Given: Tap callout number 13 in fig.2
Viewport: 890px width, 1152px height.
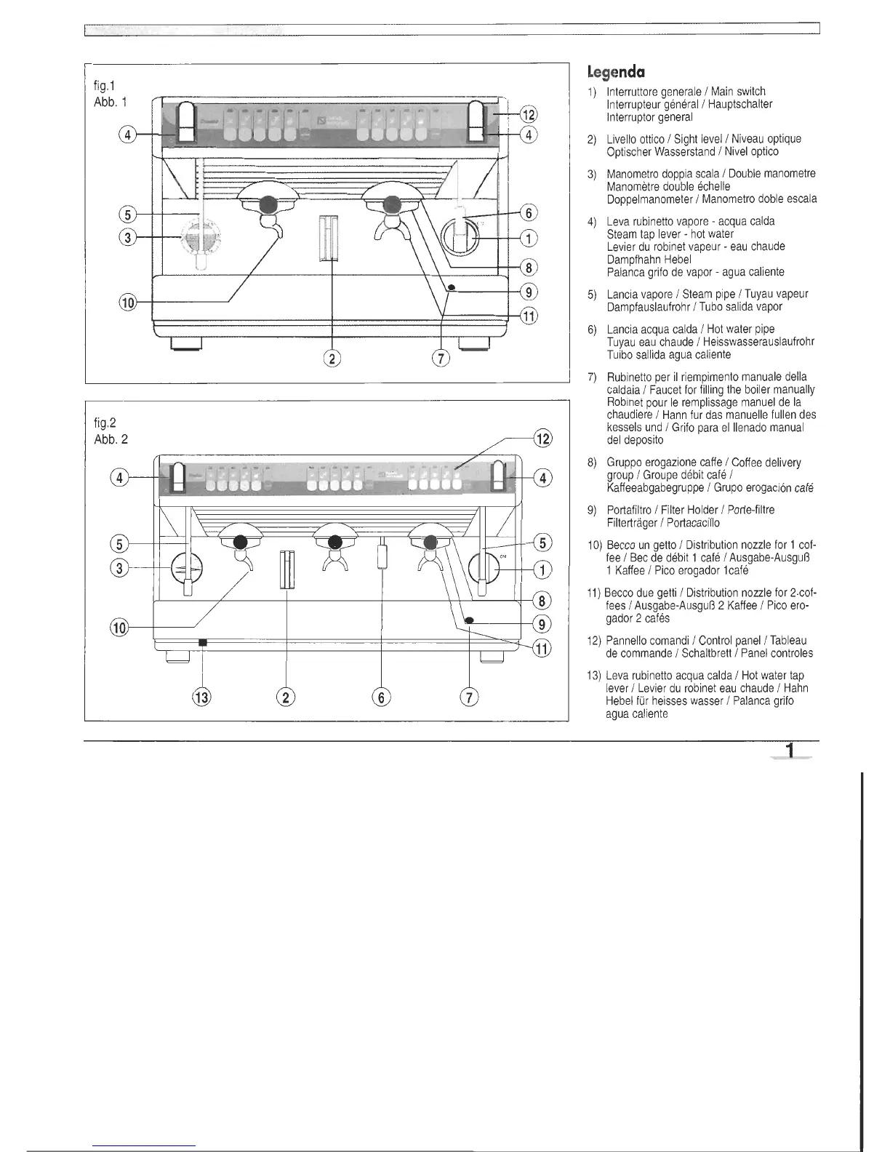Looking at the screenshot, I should tap(201, 697).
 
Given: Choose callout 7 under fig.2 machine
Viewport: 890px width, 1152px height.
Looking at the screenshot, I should tap(470, 697).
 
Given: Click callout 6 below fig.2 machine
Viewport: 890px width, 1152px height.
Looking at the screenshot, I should tap(380, 697).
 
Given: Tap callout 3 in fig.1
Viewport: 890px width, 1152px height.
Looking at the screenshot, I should tap(128, 236).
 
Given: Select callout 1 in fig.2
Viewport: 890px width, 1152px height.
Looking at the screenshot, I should tap(543, 569).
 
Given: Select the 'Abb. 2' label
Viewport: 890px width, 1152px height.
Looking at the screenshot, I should tap(111, 439).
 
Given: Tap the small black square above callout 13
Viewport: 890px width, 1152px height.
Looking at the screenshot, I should tap(203, 642).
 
